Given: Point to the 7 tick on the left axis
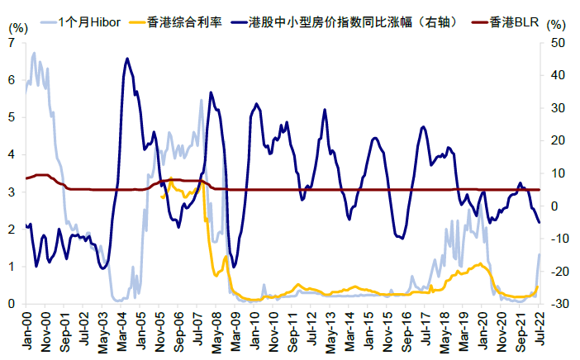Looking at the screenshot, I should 12,42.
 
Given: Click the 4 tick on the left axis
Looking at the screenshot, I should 12,154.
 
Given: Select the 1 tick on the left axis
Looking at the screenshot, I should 12,267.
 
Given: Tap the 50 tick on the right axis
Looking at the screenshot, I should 557,42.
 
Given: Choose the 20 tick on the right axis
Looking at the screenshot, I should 557,140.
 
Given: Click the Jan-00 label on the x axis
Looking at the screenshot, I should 27,330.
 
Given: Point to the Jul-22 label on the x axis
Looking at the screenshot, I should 539,330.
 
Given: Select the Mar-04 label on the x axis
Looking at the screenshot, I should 122,330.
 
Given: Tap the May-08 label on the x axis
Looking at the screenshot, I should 216,330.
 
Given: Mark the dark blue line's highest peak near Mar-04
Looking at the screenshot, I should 126,59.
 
